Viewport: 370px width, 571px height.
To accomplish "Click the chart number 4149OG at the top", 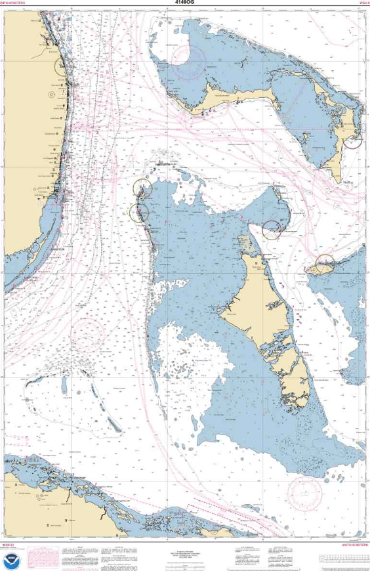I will tap(185, 3).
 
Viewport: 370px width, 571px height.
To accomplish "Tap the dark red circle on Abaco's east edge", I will tap(353, 140).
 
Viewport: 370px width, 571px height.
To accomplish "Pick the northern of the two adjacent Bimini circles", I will tap(142, 188).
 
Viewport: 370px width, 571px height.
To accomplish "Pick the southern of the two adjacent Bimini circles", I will tap(139, 212).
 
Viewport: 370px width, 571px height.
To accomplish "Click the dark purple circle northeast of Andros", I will tap(272, 230).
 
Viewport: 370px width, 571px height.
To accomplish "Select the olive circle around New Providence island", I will tap(324, 264).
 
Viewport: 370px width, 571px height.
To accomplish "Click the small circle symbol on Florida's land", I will tap(51, 94).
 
